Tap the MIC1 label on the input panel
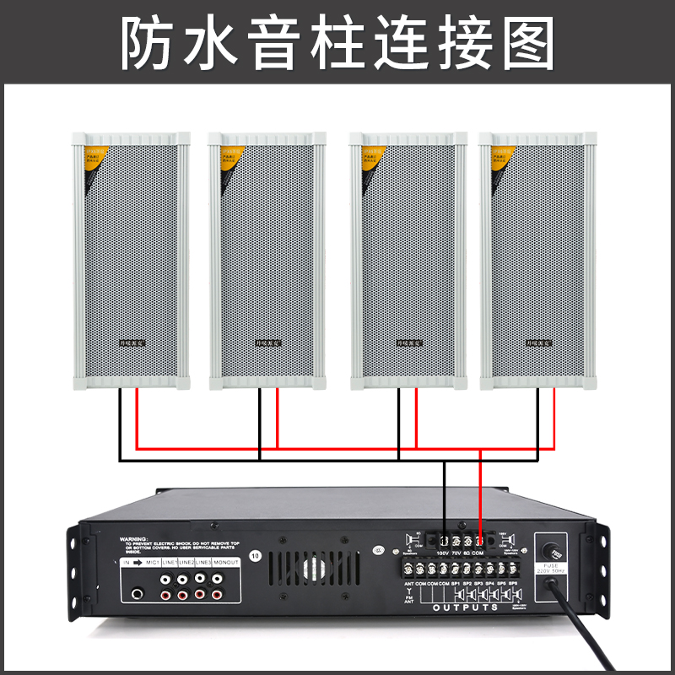(152, 562)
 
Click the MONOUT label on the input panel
(224, 562)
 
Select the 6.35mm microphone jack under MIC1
(138, 595)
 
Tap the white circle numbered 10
(256, 555)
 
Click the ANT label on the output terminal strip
(409, 583)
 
